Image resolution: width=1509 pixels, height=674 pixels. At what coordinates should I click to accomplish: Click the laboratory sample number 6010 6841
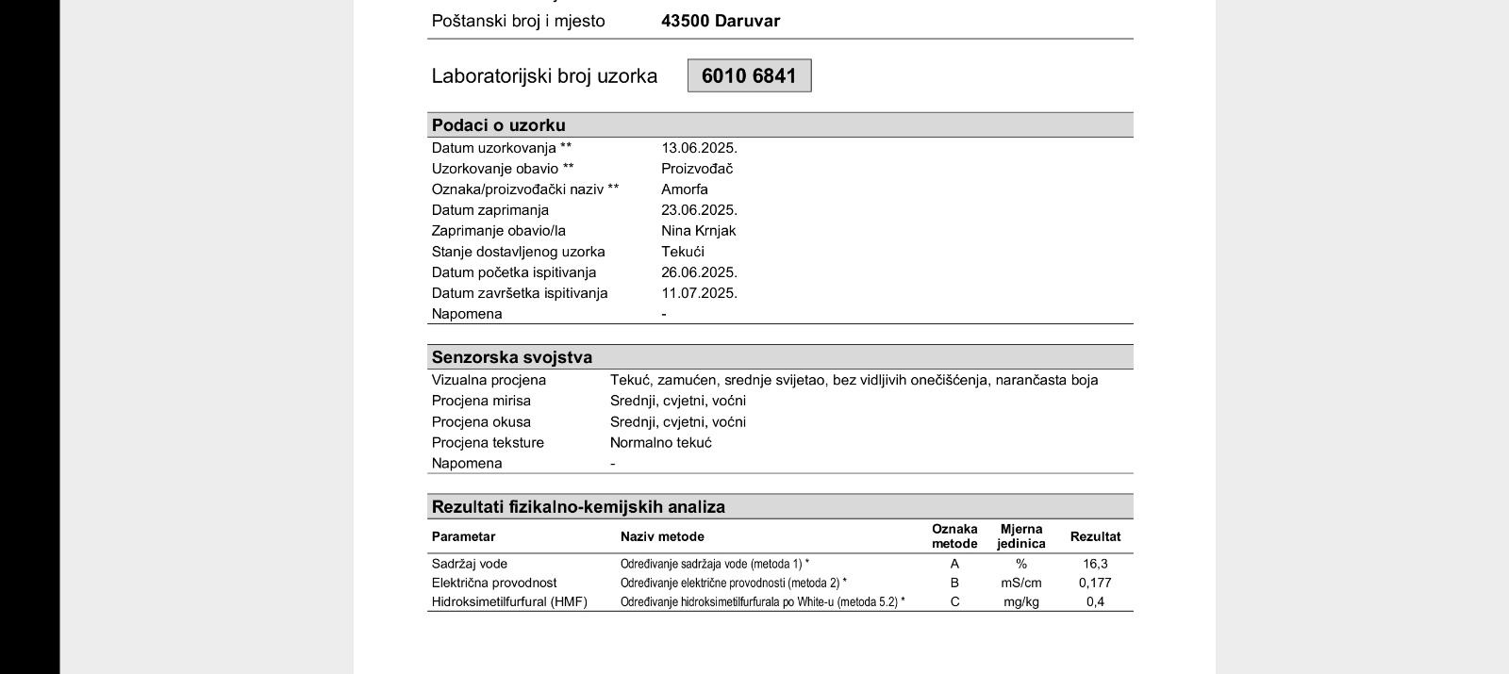[x=749, y=76]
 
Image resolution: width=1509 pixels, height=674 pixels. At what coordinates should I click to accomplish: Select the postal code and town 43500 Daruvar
[x=721, y=21]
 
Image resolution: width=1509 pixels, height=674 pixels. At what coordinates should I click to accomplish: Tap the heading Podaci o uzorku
[x=498, y=125]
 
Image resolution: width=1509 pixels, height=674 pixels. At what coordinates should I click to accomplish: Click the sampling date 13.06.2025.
[x=699, y=148]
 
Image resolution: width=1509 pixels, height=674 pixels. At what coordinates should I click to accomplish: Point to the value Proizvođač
[x=697, y=169]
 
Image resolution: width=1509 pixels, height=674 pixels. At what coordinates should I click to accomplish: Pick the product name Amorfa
[x=685, y=189]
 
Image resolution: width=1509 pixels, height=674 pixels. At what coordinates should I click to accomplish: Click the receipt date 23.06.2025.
[x=699, y=210]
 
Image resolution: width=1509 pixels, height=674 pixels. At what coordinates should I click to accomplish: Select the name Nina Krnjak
[x=698, y=231]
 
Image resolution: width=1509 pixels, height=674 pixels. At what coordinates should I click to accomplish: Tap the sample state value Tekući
[x=683, y=252]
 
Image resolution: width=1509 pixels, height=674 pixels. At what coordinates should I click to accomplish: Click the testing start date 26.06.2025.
[x=699, y=272]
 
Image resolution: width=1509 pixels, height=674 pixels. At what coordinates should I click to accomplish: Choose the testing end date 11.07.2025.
[x=699, y=293]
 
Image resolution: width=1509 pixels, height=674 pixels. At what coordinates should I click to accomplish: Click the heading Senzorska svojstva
[x=512, y=357]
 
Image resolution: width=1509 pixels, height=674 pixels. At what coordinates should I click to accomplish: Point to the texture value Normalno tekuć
[x=661, y=442]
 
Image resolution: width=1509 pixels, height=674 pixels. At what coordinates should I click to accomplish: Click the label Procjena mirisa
[x=481, y=401]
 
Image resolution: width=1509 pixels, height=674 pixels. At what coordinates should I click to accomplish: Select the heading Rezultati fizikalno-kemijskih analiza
[x=578, y=507]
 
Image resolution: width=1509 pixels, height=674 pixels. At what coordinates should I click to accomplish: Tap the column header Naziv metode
[x=662, y=536]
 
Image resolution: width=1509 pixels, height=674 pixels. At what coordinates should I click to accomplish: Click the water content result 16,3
[x=1095, y=564]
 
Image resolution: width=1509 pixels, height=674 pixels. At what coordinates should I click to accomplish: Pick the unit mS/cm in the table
[x=1021, y=583]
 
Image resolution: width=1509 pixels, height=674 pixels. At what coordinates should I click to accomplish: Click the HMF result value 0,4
[x=1095, y=601]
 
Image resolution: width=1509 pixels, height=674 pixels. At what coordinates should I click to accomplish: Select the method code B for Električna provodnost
[x=954, y=583]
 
